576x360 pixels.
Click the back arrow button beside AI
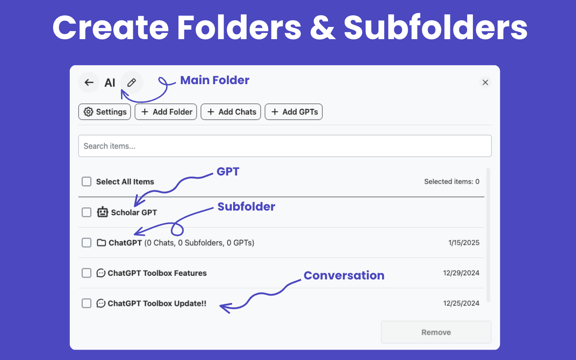pyautogui.click(x=89, y=82)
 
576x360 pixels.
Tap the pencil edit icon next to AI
pyautogui.click(x=132, y=82)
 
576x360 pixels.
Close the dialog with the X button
pyautogui.click(x=485, y=82)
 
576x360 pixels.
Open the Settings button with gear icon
pyautogui.click(x=105, y=112)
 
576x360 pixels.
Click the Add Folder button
pyautogui.click(x=166, y=112)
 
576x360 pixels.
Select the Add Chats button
pyautogui.click(x=231, y=112)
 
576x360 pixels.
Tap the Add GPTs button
pyautogui.click(x=294, y=112)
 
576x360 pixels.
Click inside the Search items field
pyautogui.click(x=285, y=146)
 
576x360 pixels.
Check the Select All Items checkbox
pyautogui.click(x=86, y=181)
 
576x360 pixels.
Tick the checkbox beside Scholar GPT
pyautogui.click(x=86, y=212)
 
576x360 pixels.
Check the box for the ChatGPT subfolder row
pyautogui.click(x=86, y=243)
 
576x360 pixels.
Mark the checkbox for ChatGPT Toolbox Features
pyautogui.click(x=86, y=273)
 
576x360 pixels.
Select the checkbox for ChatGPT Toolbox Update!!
pyautogui.click(x=86, y=303)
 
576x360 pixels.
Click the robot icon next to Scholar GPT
pyautogui.click(x=102, y=212)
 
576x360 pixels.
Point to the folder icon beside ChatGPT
pyautogui.click(x=101, y=243)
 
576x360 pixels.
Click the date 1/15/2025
pyautogui.click(x=464, y=243)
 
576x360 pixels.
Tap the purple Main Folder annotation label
pyautogui.click(x=215, y=80)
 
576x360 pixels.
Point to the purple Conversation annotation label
pyautogui.click(x=344, y=275)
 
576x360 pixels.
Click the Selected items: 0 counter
pyautogui.click(x=452, y=181)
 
